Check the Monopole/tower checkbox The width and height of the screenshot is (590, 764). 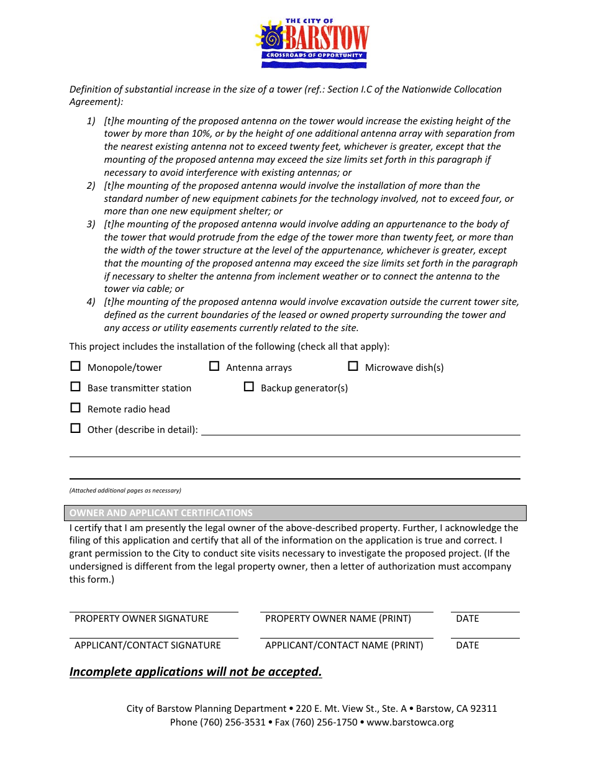pos(76,366)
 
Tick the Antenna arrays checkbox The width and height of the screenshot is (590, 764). pos(214,366)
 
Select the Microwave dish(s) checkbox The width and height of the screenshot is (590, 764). pos(353,366)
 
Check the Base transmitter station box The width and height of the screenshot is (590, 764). pos(76,387)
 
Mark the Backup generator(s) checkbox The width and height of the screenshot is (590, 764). pos(249,387)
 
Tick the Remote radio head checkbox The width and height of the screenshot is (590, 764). pos(76,408)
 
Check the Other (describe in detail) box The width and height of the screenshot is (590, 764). pos(76,429)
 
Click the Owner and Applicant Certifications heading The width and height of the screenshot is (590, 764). pos(161,513)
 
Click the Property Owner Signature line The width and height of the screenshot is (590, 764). pos(153,606)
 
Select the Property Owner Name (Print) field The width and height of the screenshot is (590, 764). pos(347,606)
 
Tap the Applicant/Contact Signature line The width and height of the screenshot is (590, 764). pos(153,632)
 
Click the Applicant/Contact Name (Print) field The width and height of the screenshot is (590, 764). pos(347,632)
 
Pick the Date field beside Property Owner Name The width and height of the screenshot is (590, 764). pos(485,606)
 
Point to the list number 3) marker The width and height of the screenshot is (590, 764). pos(91,224)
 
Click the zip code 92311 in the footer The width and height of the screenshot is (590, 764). pos(484,709)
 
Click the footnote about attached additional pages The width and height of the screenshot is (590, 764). pos(125,491)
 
